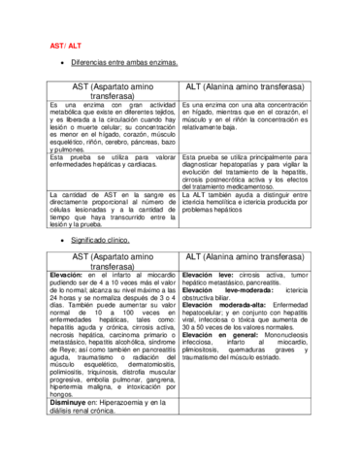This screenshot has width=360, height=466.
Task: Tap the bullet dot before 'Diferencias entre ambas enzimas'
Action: pyautogui.click(x=63, y=61)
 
